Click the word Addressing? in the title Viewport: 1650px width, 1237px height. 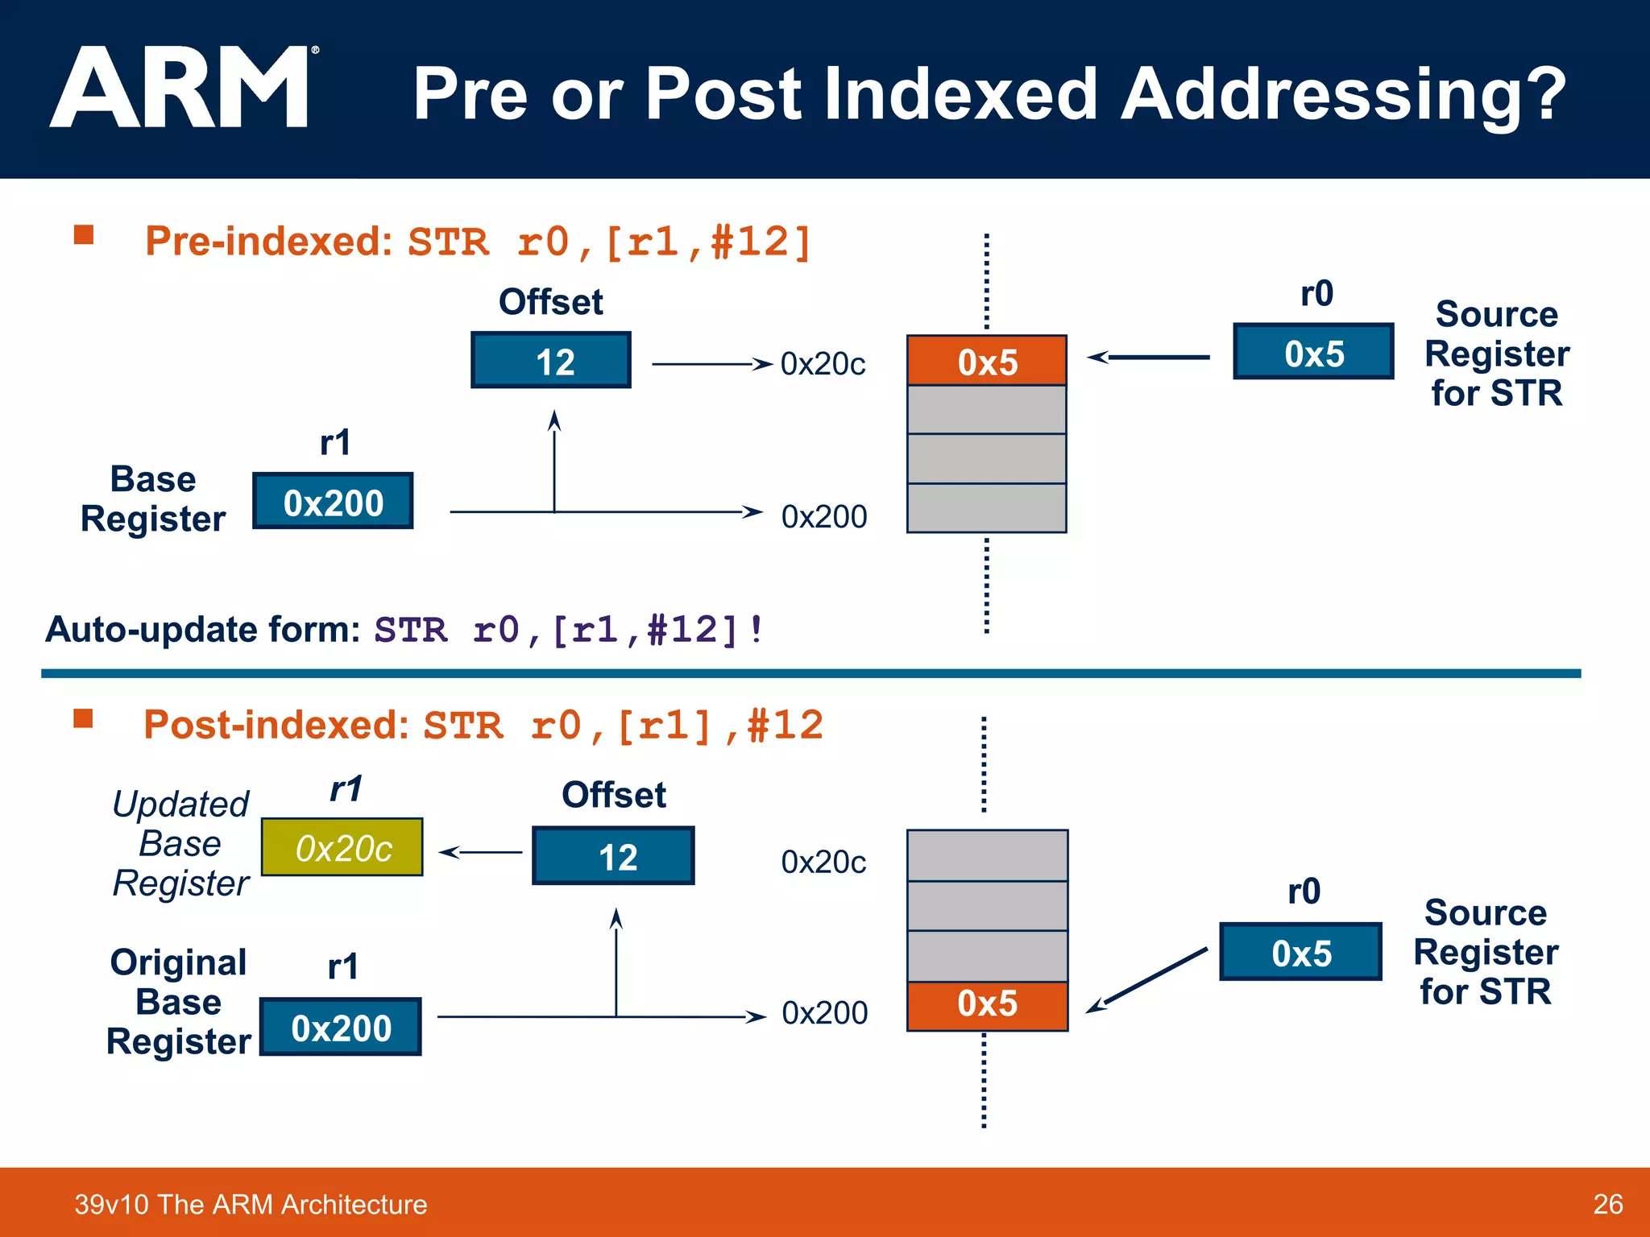[1342, 95]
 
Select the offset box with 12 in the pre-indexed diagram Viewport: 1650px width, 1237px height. [551, 361]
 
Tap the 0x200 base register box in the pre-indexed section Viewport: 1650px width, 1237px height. [333, 502]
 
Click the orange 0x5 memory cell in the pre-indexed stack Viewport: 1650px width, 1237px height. [987, 361]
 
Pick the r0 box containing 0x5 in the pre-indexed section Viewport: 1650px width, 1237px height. [1313, 352]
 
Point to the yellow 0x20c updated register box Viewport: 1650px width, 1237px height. [342, 847]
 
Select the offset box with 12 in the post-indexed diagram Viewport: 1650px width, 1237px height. [613, 856]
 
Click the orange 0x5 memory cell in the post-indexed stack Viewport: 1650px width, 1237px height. [987, 1005]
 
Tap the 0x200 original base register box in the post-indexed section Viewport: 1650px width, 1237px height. [340, 1028]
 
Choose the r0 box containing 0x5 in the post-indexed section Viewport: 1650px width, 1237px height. [1300, 952]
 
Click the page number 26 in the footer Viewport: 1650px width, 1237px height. [1607, 1204]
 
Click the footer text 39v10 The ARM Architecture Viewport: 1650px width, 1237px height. [251, 1204]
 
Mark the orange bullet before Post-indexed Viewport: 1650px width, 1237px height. [83, 718]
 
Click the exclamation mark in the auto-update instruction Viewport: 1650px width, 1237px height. [755, 630]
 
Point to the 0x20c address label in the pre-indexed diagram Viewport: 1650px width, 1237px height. [823, 364]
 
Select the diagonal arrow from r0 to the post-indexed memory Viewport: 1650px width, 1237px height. [1146, 980]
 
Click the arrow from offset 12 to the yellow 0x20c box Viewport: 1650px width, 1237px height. [480, 852]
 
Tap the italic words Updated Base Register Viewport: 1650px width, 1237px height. [181, 843]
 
